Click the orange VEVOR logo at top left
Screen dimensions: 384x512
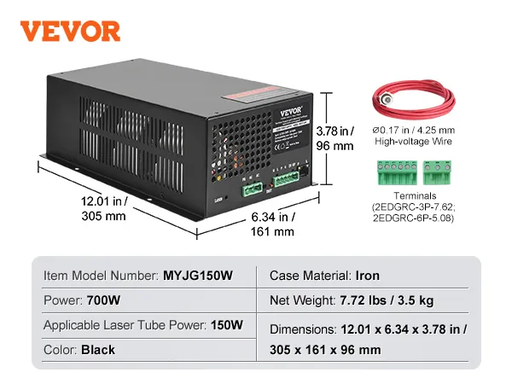click(70, 32)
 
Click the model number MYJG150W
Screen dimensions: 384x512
click(197, 276)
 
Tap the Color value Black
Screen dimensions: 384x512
click(98, 350)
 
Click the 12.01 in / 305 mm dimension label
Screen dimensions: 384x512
click(102, 209)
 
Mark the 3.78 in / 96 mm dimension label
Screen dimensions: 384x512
click(334, 138)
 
